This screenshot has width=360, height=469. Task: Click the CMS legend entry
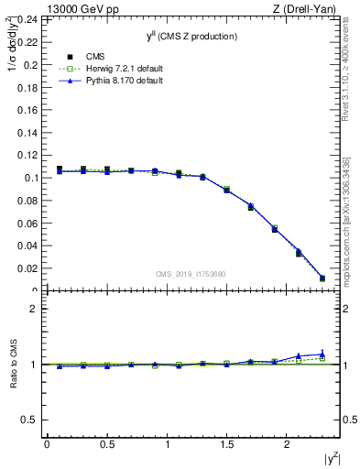(81, 57)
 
